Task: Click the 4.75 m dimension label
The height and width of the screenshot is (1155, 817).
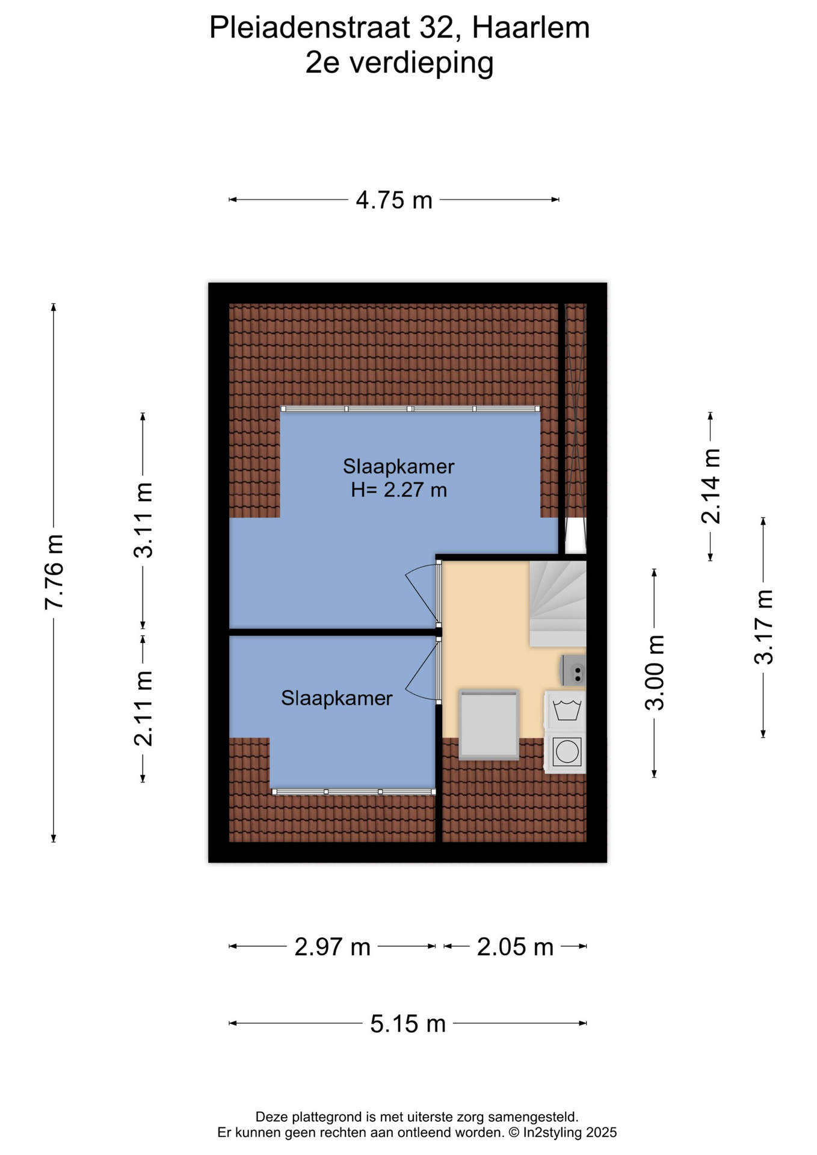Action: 394,200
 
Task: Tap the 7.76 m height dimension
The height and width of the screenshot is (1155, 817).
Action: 54,572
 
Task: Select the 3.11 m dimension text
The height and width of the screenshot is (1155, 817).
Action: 143,520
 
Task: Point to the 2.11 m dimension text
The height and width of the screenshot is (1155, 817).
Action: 143,709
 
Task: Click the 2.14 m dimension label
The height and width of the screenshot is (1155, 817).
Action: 711,486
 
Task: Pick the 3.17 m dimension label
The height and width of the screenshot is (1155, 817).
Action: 763,627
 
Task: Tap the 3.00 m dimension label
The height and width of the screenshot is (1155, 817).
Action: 655,673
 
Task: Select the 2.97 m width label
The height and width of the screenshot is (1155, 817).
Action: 332,947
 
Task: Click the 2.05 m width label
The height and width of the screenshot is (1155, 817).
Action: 515,947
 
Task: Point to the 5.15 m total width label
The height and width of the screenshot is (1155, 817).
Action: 408,1024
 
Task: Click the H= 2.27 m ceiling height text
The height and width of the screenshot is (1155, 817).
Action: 399,490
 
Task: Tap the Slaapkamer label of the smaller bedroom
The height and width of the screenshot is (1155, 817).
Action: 337,698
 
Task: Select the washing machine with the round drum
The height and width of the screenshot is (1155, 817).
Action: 566,751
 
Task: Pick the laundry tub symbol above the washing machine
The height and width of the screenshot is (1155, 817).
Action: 566,710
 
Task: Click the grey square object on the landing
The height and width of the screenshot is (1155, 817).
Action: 489,725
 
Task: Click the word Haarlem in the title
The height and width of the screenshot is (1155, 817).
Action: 531,28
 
